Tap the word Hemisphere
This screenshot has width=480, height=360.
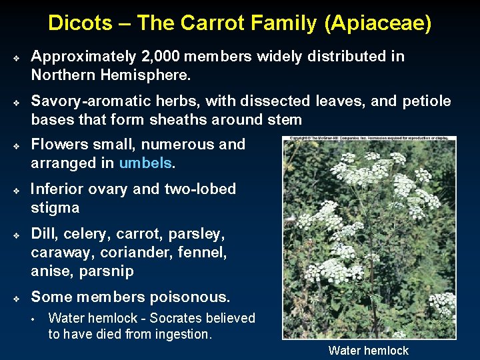[x=152, y=75]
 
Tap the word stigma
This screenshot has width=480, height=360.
[x=55, y=208]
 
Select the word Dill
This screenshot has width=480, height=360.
[x=44, y=235]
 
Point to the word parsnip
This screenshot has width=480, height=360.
[x=107, y=272]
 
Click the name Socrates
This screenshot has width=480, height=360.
[x=175, y=319]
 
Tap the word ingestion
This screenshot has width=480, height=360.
[x=183, y=334]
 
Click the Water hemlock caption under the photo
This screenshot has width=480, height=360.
[x=369, y=351]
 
